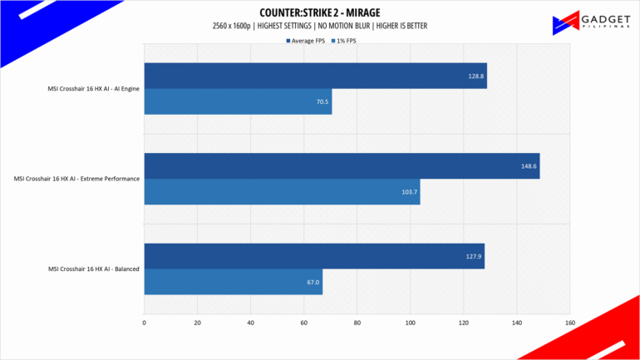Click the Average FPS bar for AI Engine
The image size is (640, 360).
click(315, 76)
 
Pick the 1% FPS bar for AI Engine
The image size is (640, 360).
click(238, 101)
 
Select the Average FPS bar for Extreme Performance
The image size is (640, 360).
click(342, 165)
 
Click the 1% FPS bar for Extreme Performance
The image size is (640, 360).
click(282, 191)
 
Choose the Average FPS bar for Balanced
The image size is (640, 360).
click(314, 256)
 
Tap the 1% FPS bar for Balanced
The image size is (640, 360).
click(233, 281)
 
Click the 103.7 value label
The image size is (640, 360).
click(409, 191)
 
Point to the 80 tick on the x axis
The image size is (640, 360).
click(357, 322)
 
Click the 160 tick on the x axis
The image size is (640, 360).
click(569, 322)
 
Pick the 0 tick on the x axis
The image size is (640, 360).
click(145, 322)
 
